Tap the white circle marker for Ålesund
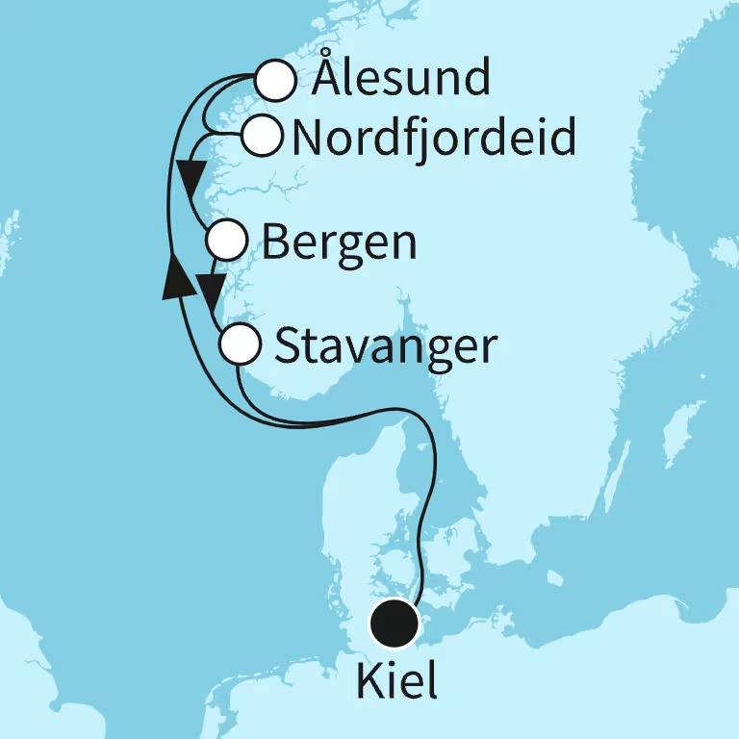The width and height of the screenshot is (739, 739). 275,81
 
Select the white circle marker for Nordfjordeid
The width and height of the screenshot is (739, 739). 261,136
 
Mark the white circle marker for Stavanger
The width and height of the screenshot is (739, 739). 240,343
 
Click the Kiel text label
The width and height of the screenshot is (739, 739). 396,681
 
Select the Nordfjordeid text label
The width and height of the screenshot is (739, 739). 433,138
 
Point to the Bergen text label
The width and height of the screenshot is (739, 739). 339,242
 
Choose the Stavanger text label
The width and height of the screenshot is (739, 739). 386,346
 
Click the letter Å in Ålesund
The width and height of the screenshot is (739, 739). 328,77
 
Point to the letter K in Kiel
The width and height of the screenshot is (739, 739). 368,681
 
